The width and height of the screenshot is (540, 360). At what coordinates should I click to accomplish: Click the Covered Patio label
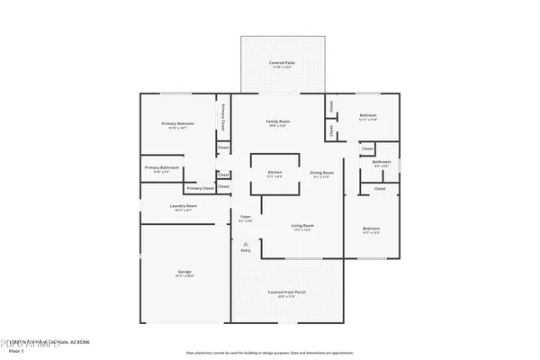click(282, 63)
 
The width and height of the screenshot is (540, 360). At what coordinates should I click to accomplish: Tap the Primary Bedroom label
click(177, 124)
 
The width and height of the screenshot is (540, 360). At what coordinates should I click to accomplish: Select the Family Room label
click(277, 121)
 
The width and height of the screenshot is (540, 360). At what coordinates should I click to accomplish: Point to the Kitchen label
click(274, 173)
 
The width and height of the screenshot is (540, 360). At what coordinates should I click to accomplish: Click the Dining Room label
click(321, 173)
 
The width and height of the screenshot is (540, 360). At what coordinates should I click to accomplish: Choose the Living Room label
click(301, 226)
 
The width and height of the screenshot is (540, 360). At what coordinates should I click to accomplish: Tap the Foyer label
click(245, 217)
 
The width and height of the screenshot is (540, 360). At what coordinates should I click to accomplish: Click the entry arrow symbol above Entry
click(245, 242)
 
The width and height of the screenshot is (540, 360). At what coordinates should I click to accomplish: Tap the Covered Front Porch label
click(287, 292)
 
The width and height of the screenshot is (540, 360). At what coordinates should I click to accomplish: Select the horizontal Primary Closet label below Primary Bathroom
click(201, 188)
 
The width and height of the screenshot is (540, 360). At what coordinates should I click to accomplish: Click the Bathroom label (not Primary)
click(381, 162)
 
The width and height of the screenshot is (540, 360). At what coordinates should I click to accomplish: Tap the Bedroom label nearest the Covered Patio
click(368, 116)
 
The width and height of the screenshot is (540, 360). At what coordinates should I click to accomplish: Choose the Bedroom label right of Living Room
click(371, 229)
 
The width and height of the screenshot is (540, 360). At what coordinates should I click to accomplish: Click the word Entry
click(245, 250)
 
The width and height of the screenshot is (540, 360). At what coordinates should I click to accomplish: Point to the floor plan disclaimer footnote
click(269, 353)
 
